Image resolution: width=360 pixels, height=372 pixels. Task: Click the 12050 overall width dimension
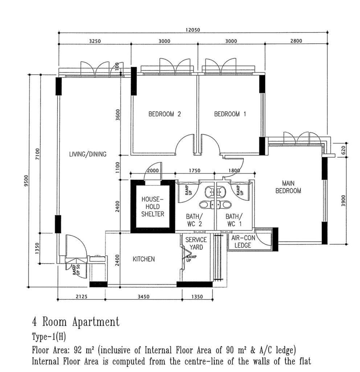[x=193, y=30]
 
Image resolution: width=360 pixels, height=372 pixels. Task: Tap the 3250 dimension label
[x=95, y=41]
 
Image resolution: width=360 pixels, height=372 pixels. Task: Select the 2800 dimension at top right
[x=296, y=41]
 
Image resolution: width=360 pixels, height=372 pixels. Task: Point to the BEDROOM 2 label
[x=164, y=114]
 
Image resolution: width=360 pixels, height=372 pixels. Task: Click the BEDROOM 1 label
[x=230, y=114]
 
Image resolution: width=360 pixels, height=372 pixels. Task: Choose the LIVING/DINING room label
[x=88, y=154]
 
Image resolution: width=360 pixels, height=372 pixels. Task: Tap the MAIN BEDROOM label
[x=288, y=187]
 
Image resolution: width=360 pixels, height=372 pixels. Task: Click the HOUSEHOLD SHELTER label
[x=153, y=206]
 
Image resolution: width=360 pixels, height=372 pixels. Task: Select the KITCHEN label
[x=144, y=259]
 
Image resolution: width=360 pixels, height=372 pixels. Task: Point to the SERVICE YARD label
[x=196, y=243]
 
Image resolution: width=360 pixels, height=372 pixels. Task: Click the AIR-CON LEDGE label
[x=243, y=242]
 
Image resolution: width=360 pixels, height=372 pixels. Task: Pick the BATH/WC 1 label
[x=234, y=220]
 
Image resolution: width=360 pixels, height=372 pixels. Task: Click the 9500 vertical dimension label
[x=26, y=181]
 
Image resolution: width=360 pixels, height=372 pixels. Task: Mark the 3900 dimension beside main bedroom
[x=343, y=201]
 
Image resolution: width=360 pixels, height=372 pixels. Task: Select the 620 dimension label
[x=343, y=150]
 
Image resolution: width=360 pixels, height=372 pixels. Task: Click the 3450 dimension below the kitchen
[x=143, y=296]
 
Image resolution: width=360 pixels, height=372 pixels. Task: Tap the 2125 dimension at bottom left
[x=82, y=296]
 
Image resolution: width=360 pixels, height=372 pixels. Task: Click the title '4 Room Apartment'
[x=76, y=322]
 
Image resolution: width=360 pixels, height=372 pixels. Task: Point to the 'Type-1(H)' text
[x=49, y=337]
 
